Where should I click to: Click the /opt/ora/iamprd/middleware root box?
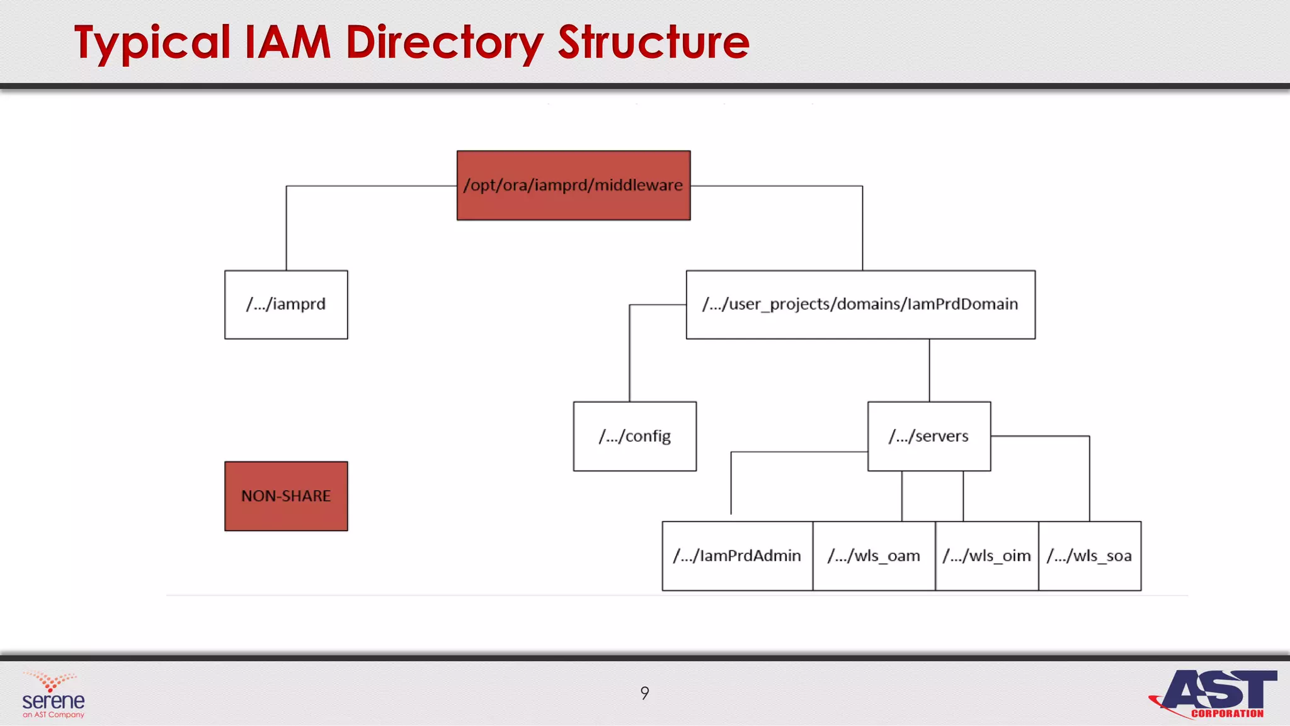(x=573, y=185)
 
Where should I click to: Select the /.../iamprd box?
(x=286, y=304)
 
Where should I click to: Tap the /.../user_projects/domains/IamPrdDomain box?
(x=860, y=304)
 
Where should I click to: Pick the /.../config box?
(x=634, y=436)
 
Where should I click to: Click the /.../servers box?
(x=928, y=436)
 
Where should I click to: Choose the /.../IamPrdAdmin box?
(x=737, y=556)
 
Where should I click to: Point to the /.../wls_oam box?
(x=874, y=556)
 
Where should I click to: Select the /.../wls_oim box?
(x=986, y=556)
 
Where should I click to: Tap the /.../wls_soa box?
(x=1089, y=556)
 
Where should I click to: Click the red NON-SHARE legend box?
(x=286, y=496)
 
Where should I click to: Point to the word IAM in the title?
(x=287, y=43)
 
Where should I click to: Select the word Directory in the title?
(x=444, y=43)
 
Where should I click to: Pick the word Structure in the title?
(x=653, y=43)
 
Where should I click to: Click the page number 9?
(x=644, y=693)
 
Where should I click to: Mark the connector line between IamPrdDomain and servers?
(x=929, y=371)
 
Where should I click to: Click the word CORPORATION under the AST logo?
(x=1227, y=714)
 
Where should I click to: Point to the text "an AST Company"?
(x=54, y=715)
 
